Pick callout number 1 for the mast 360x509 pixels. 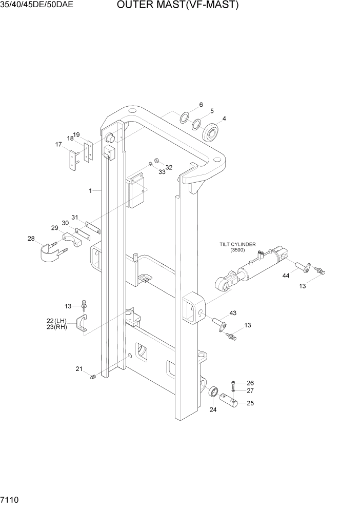pyautogui.click(x=90, y=190)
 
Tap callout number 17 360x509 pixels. pyautogui.click(x=58, y=145)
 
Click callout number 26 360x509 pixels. pyautogui.click(x=250, y=383)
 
